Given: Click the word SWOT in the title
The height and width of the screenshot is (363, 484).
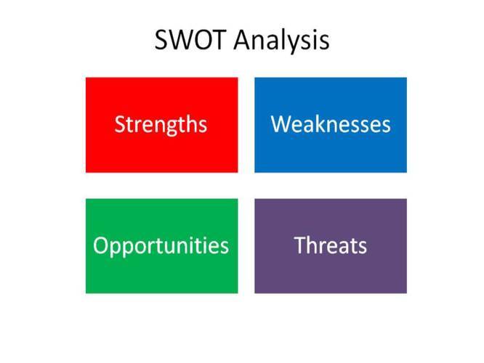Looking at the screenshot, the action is pyautogui.click(x=190, y=40).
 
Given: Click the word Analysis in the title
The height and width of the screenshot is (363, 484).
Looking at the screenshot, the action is pyautogui.click(x=281, y=41).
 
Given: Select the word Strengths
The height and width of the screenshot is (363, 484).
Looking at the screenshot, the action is pyautogui.click(x=161, y=125).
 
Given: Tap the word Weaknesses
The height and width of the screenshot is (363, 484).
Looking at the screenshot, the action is pyautogui.click(x=331, y=124).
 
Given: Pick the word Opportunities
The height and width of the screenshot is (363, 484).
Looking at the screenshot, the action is pyautogui.click(x=161, y=247).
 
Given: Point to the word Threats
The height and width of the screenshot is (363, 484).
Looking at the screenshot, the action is pyautogui.click(x=331, y=245).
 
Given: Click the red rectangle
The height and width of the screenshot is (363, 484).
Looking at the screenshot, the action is pyautogui.click(x=162, y=125).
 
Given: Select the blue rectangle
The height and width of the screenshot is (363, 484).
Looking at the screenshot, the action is pyautogui.click(x=331, y=125).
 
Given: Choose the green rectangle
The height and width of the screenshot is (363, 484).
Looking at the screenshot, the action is pyautogui.click(x=162, y=246).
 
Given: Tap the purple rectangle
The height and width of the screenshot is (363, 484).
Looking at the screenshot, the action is pyautogui.click(x=331, y=246).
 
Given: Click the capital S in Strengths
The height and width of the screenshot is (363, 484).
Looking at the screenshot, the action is pyautogui.click(x=120, y=124).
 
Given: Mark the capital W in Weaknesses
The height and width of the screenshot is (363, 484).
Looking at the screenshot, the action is pyautogui.click(x=281, y=124).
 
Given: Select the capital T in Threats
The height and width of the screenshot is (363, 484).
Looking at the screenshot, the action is pyautogui.click(x=300, y=245).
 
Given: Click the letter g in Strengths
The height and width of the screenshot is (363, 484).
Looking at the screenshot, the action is pyautogui.click(x=175, y=128).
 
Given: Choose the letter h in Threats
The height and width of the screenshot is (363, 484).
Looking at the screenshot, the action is pyautogui.click(x=314, y=245).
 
